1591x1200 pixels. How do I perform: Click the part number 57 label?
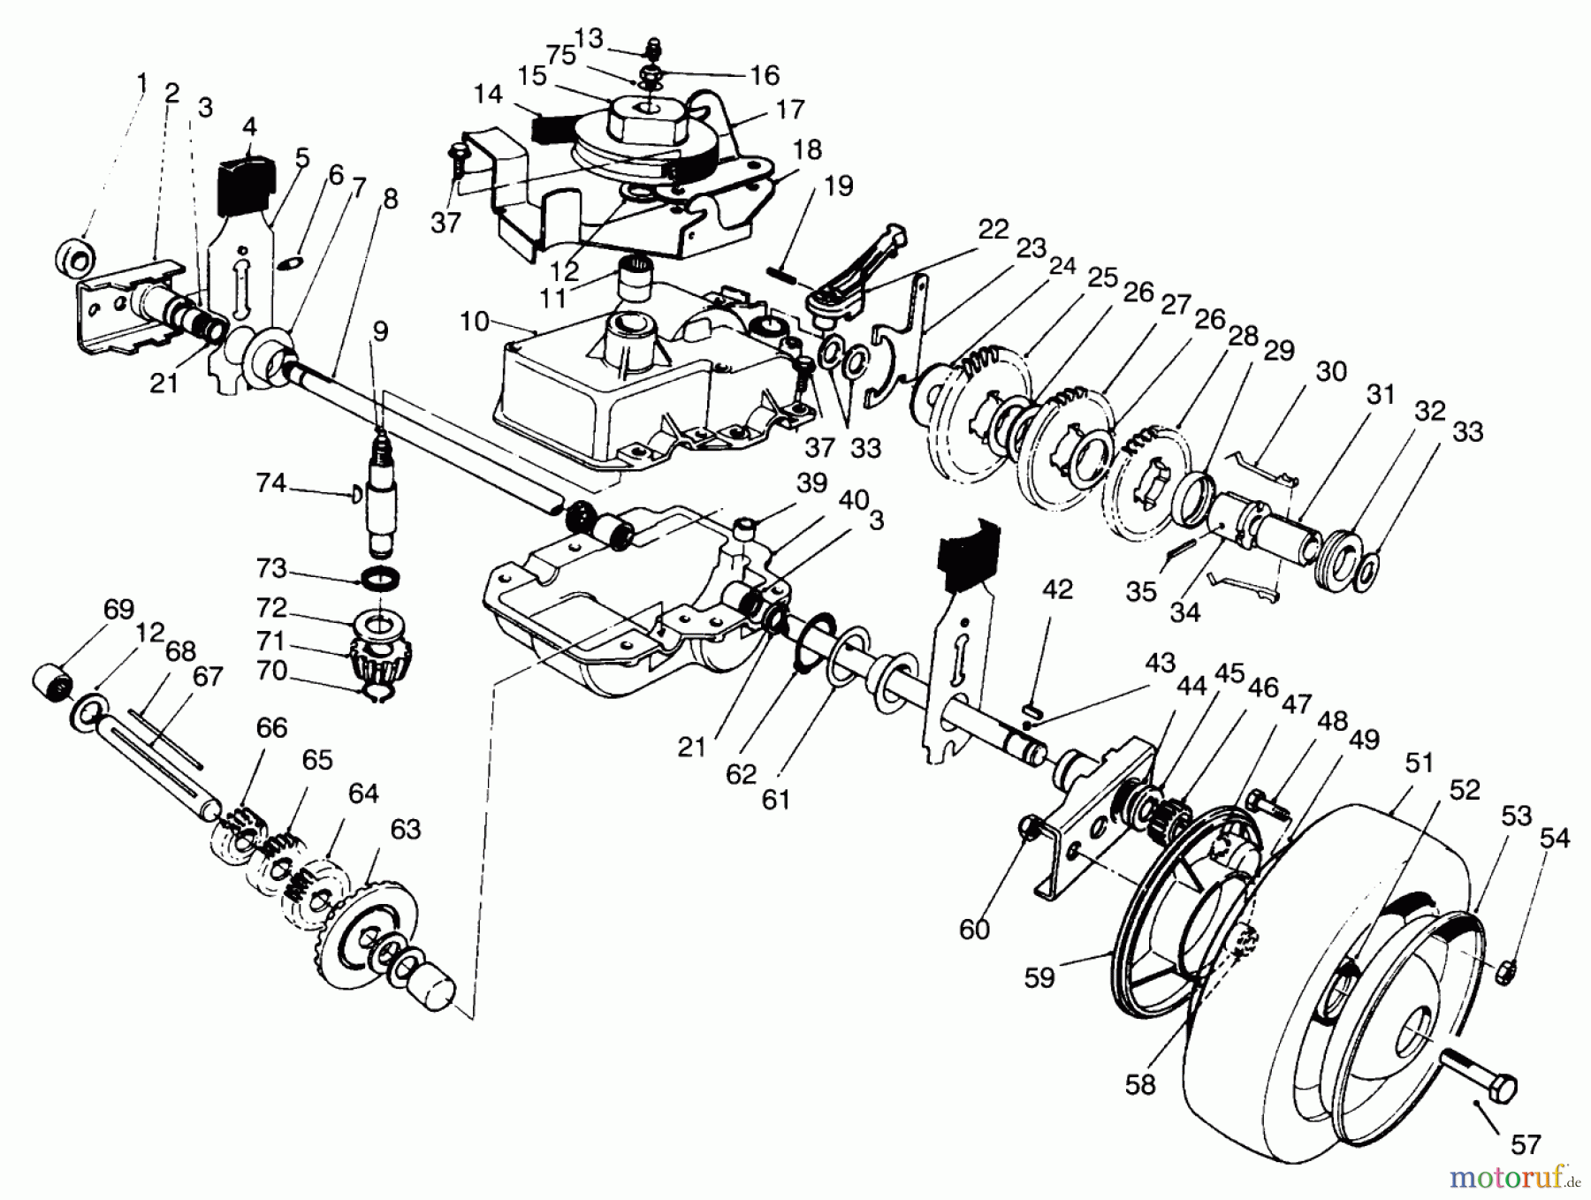coord(1526,1144)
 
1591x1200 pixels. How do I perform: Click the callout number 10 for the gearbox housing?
coord(474,321)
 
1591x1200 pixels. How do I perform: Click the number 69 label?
coord(118,610)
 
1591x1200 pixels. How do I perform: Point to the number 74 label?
coord(271,483)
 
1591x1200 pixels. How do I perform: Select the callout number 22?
coord(993,230)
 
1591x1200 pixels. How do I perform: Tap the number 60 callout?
coord(974,929)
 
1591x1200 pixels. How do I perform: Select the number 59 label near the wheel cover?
coord(1039,977)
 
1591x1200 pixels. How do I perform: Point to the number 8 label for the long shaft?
coord(389,200)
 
